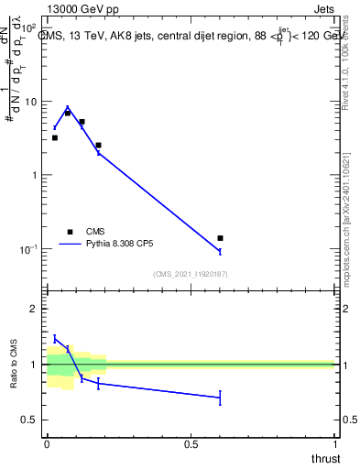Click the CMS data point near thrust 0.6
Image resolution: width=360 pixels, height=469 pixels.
[x=220, y=238]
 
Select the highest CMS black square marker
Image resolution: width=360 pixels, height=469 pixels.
[x=68, y=113]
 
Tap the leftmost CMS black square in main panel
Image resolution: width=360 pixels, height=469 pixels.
[x=55, y=137]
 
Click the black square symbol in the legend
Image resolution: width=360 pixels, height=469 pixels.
[x=70, y=232]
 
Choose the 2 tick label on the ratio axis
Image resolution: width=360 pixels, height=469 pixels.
[x=35, y=309]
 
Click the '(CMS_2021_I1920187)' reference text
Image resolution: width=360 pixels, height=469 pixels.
[x=190, y=274]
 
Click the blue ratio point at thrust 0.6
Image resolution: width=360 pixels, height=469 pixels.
[x=220, y=398]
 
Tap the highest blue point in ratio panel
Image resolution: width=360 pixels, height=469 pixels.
[x=55, y=338]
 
